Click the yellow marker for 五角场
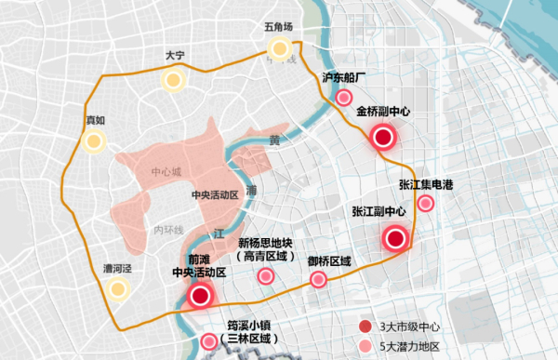[278, 49]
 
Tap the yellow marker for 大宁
[172, 80]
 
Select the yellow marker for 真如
[92, 141]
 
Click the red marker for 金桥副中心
[383, 139]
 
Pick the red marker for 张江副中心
[395, 238]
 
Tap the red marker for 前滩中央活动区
[199, 297]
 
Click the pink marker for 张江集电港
[426, 204]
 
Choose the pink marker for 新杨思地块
[266, 275]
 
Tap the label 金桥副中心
[382, 110]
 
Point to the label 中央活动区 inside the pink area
[216, 195]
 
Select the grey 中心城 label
[167, 173]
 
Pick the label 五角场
[278, 28]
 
